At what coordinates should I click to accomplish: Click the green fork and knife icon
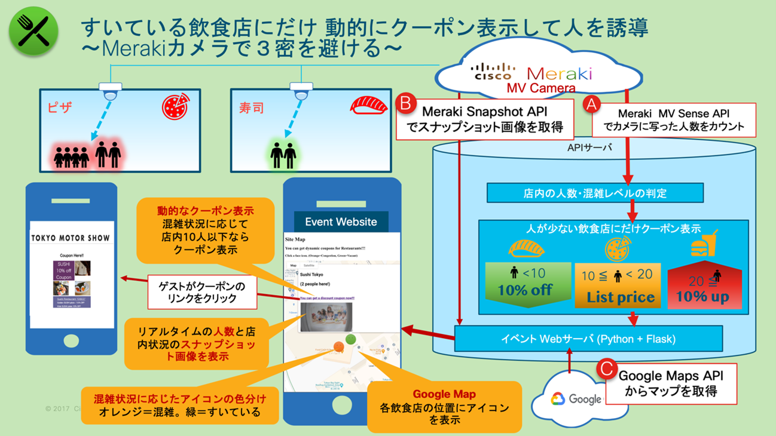[x=33, y=31]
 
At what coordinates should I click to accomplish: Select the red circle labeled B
[x=406, y=103]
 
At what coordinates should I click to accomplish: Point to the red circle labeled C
[x=607, y=369]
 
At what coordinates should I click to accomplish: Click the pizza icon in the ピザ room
[x=176, y=106]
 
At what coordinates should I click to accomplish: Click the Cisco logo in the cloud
[x=493, y=72]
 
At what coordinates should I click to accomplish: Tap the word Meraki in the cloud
[x=559, y=73]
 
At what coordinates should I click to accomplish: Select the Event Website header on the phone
[x=341, y=222]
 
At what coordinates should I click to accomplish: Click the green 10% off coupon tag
[x=525, y=284]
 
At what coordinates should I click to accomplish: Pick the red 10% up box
[x=702, y=287]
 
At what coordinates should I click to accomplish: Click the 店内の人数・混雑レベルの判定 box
[x=594, y=194]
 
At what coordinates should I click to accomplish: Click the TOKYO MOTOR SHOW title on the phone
[x=71, y=238]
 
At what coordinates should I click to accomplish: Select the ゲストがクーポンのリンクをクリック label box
[x=203, y=292]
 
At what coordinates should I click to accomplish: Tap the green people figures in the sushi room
[x=283, y=155]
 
